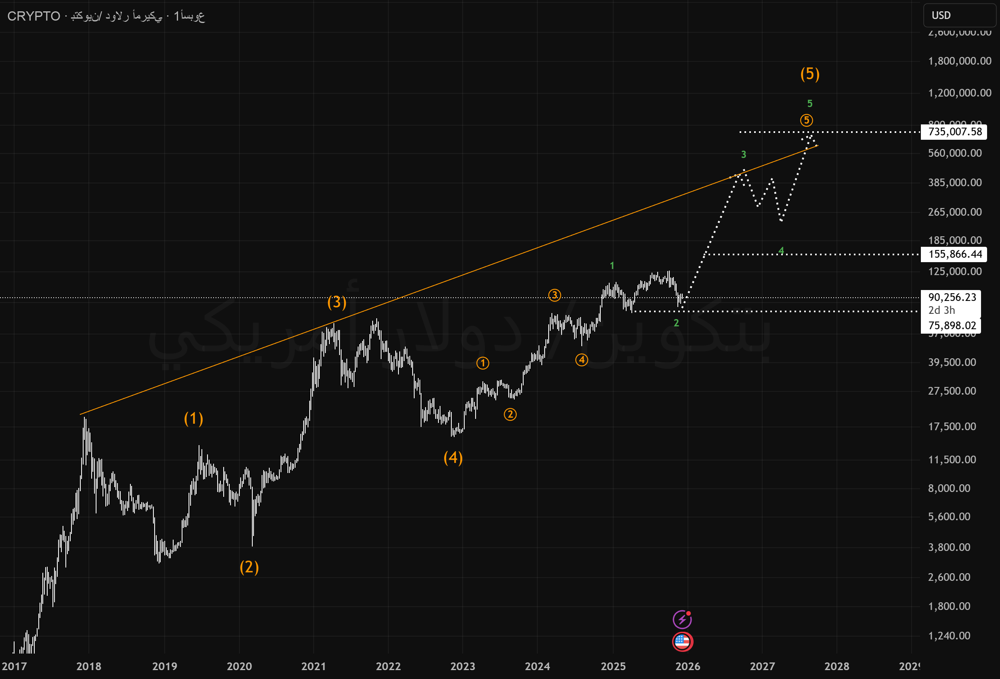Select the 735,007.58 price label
955,132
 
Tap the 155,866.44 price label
955,254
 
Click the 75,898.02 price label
952,326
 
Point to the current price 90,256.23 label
952,297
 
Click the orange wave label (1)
194,418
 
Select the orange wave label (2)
249,567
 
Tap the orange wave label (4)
453,458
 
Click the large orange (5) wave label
810,74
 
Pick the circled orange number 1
483,363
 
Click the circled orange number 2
510,415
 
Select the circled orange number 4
582,359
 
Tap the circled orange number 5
806,120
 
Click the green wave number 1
612,266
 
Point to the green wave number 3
744,154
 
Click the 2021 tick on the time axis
314,666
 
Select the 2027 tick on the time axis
762,666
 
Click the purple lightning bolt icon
682,620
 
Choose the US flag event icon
682,641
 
